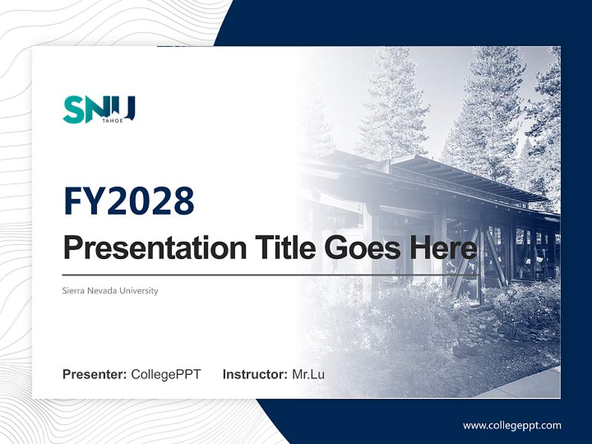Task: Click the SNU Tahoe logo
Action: pyautogui.click(x=99, y=110)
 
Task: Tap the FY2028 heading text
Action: pyautogui.click(x=129, y=200)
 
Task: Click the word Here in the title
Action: pyautogui.click(x=442, y=249)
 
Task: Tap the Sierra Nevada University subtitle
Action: pyautogui.click(x=110, y=290)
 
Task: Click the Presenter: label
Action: pyautogui.click(x=94, y=374)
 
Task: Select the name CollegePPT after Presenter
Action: pyautogui.click(x=166, y=374)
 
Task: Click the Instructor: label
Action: pyautogui.click(x=255, y=374)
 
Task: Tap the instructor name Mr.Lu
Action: pyautogui.click(x=308, y=374)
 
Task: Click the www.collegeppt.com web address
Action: pyautogui.click(x=512, y=425)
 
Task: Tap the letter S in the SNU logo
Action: pyautogui.click(x=73, y=110)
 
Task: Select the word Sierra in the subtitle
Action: pyautogui.click(x=73, y=290)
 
